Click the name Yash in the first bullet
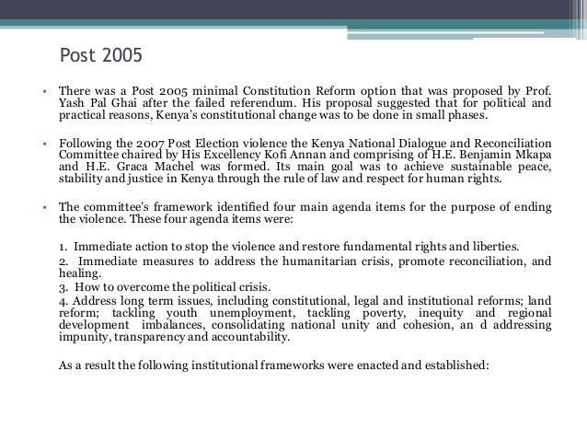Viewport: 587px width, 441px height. [x=73, y=104]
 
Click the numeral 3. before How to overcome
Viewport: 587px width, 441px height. [x=63, y=287]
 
